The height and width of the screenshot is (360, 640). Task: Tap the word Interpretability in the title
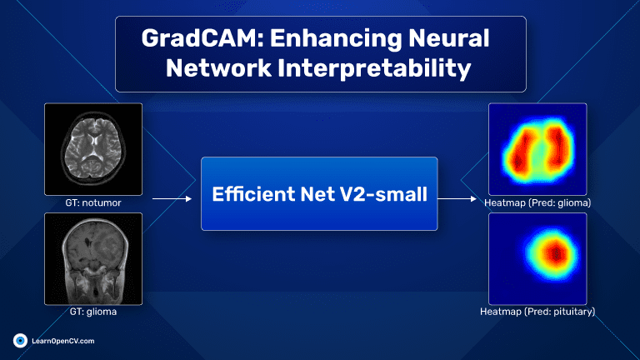pyautogui.click(x=374, y=67)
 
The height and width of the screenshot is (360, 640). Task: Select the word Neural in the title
pyautogui.click(x=448, y=38)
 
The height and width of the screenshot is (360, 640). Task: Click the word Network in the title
pyautogui.click(x=218, y=67)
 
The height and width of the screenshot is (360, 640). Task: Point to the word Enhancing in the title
pyautogui.click(x=336, y=39)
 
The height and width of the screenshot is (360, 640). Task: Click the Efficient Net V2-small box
pyautogui.click(x=319, y=193)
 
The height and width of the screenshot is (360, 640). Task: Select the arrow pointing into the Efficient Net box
pyautogui.click(x=172, y=199)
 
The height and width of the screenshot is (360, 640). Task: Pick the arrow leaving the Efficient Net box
pyautogui.click(x=457, y=199)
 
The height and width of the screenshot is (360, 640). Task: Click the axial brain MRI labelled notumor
pyautogui.click(x=93, y=149)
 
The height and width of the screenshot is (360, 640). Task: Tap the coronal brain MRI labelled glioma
pyautogui.click(x=93, y=259)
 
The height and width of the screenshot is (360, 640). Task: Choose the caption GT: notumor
pyautogui.click(x=93, y=202)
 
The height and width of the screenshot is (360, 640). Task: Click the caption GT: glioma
pyautogui.click(x=93, y=312)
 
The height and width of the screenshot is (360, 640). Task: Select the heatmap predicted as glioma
pyautogui.click(x=537, y=149)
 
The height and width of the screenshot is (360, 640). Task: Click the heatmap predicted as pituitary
pyautogui.click(x=537, y=259)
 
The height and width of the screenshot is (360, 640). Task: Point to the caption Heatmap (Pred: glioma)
pyautogui.click(x=537, y=202)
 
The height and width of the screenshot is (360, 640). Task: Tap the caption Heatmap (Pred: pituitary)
pyautogui.click(x=537, y=312)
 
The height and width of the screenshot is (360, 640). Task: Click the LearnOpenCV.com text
pyautogui.click(x=63, y=341)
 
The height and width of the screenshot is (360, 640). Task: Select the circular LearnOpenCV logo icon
pyautogui.click(x=20, y=340)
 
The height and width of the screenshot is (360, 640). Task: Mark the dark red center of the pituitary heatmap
pyautogui.click(x=556, y=254)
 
